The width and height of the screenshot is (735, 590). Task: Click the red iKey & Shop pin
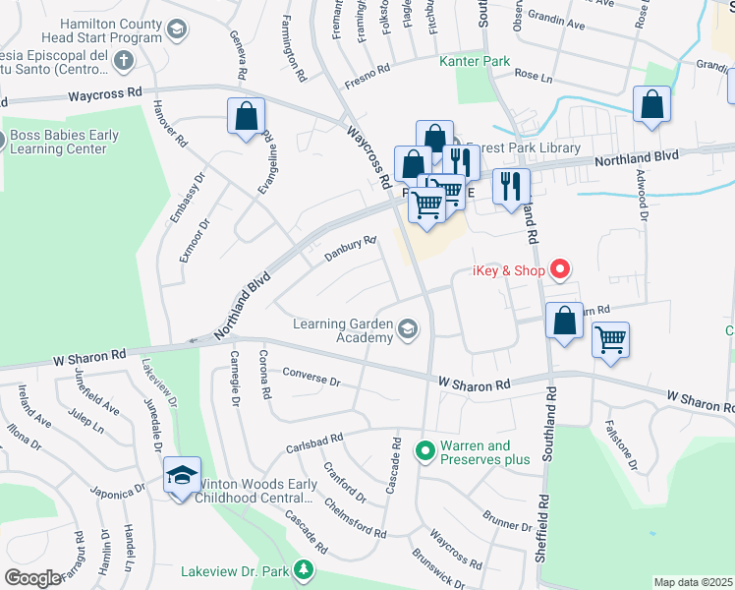(x=560, y=267)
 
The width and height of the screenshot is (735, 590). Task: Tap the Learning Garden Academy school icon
(x=407, y=330)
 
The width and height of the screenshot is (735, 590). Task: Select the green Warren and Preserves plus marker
(x=424, y=451)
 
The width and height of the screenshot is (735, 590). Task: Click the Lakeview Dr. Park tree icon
(x=305, y=569)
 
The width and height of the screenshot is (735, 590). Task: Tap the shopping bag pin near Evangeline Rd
(x=246, y=116)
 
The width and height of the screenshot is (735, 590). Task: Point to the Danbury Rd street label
(x=351, y=249)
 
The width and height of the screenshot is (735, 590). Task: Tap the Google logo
(x=32, y=577)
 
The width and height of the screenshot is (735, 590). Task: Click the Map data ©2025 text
(x=693, y=582)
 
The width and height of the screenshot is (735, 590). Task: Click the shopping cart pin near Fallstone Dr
(x=610, y=341)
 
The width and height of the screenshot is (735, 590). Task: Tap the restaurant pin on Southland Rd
(x=510, y=185)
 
